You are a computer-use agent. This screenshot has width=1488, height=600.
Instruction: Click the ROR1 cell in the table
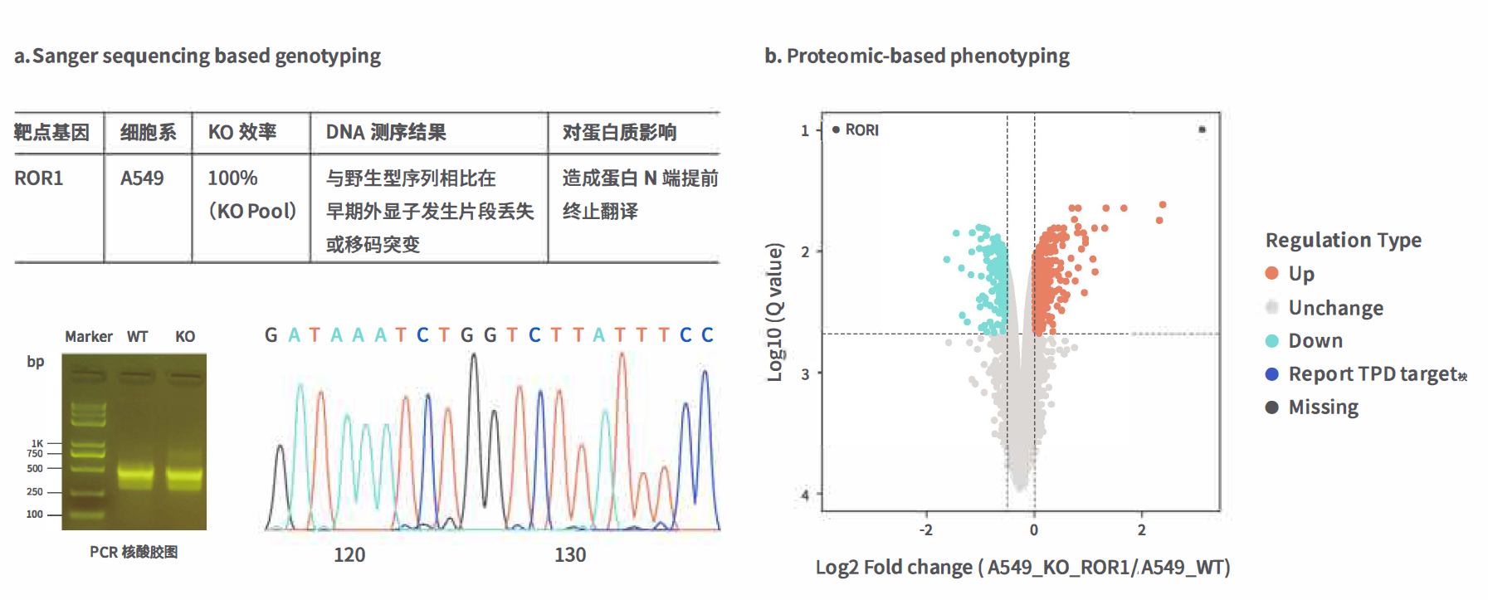click(x=39, y=178)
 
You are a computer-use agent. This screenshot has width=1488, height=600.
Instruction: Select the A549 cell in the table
click(x=142, y=178)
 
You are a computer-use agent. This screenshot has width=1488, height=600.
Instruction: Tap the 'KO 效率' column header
click(x=242, y=133)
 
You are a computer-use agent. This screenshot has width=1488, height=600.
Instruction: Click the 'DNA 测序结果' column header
click(x=386, y=133)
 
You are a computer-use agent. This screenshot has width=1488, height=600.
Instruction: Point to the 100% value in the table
click(x=232, y=178)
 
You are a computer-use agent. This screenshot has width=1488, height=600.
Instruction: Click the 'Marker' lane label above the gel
click(x=89, y=337)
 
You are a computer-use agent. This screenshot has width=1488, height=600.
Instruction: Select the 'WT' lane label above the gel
click(x=138, y=337)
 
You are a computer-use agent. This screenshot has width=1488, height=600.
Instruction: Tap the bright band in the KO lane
click(x=184, y=476)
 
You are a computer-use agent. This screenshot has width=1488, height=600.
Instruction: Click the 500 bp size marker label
click(x=35, y=469)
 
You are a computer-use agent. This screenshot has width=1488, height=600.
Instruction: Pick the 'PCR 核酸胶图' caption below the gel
click(x=134, y=553)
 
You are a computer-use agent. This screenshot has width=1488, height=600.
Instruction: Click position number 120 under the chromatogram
click(x=349, y=555)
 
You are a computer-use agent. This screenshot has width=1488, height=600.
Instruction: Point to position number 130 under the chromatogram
click(x=570, y=555)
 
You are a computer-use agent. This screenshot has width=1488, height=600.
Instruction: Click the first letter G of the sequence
click(x=271, y=335)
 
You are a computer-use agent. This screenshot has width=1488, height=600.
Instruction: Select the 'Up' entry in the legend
click(x=1300, y=274)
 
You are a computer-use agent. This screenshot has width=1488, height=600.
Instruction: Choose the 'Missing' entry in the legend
click(x=1323, y=407)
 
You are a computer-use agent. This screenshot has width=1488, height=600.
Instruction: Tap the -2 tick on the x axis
click(x=926, y=529)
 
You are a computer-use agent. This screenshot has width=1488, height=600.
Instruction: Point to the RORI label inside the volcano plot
click(x=861, y=130)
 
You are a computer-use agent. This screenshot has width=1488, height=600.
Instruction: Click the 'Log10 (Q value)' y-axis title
click(x=774, y=312)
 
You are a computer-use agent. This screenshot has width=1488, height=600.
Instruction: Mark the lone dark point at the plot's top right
click(x=1202, y=129)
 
